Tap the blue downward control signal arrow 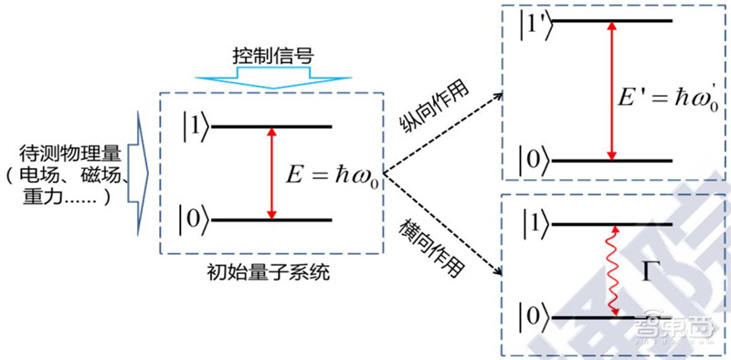[x=270, y=79]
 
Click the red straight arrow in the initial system [x=270, y=174]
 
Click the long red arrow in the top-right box [x=609, y=91]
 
